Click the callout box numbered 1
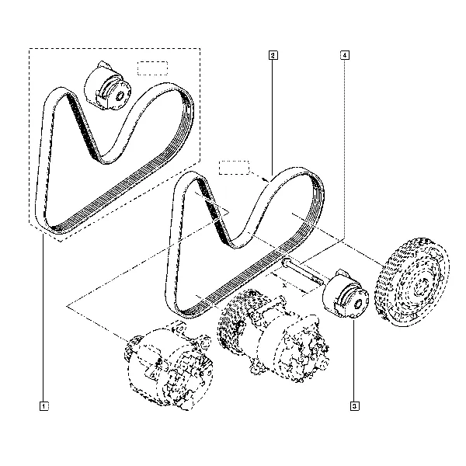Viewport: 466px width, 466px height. click(x=44, y=406)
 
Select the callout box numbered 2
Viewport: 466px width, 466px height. click(x=273, y=55)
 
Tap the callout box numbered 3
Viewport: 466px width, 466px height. click(x=355, y=406)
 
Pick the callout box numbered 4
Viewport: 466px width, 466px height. click(x=344, y=55)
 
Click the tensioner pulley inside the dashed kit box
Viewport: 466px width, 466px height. click(x=107, y=85)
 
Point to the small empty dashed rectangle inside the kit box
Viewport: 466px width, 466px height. click(x=153, y=68)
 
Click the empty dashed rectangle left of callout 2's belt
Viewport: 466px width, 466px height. click(x=235, y=168)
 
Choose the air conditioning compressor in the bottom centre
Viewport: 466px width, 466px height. click(x=273, y=336)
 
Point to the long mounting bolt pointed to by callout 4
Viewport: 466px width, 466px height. click(x=303, y=272)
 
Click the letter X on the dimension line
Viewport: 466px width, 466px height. click(x=284, y=286)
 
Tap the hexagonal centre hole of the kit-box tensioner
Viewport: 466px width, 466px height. click(x=121, y=96)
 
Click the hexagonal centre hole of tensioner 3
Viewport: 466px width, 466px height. click(x=359, y=304)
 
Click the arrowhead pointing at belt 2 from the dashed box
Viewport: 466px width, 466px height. click(x=266, y=179)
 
